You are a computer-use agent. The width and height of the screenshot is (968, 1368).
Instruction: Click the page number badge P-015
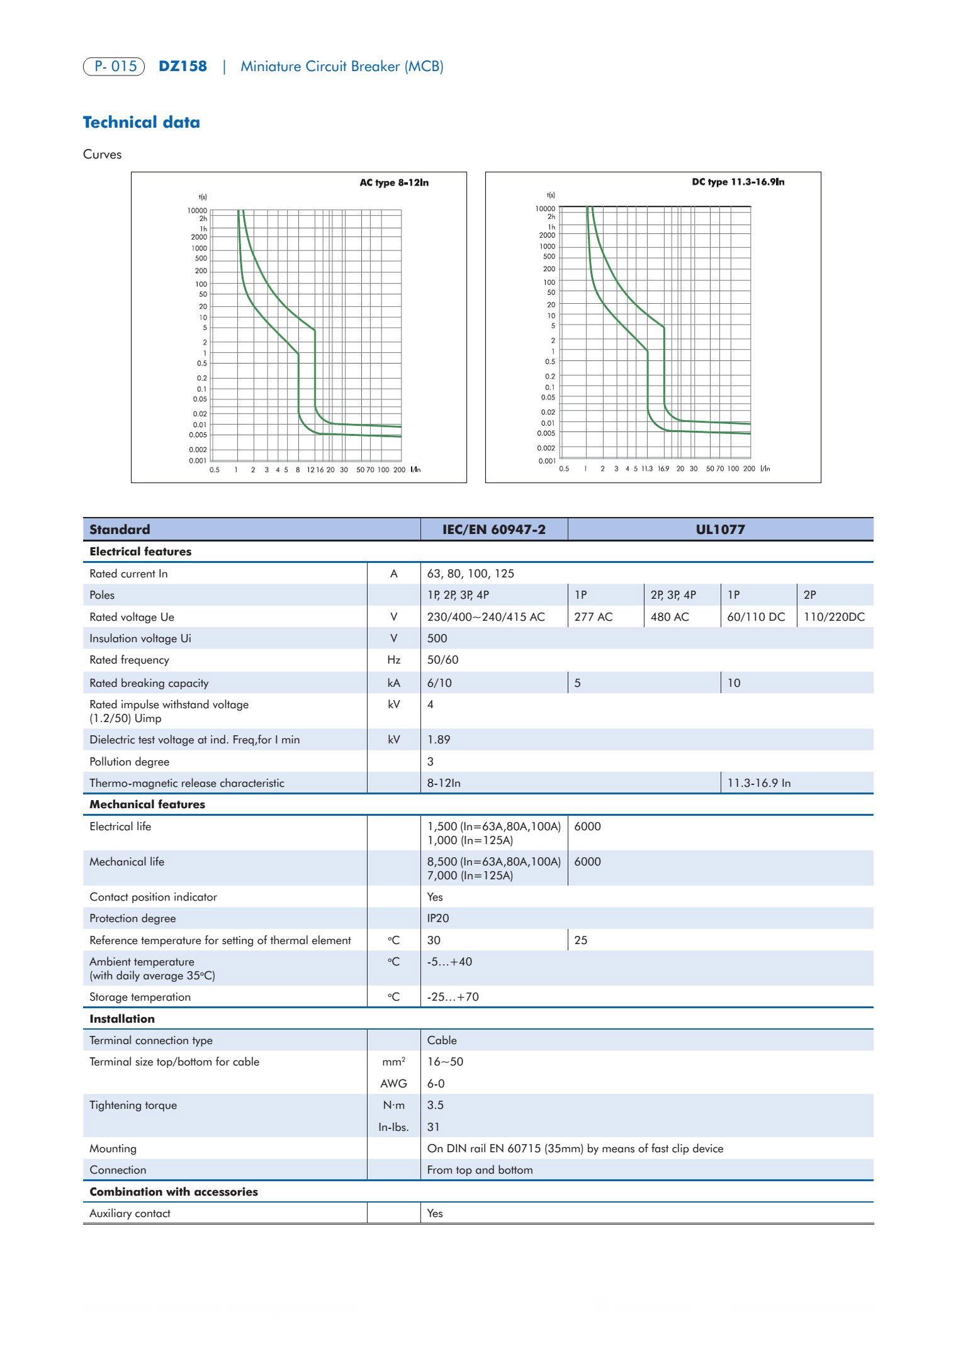(114, 66)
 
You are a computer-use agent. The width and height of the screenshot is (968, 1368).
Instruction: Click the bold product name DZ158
(183, 66)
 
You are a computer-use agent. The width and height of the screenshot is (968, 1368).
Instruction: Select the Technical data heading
(142, 123)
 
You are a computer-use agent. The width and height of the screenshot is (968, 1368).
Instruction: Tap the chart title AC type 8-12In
(394, 182)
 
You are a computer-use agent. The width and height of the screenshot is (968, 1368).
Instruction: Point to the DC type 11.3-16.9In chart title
(738, 182)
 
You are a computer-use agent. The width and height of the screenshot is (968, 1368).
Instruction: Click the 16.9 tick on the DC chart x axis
(663, 469)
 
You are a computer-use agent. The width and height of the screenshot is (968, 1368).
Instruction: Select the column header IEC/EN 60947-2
(493, 530)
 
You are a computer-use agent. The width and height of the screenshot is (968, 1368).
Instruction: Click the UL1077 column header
(720, 530)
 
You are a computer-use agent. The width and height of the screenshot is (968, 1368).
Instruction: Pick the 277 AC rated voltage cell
(593, 617)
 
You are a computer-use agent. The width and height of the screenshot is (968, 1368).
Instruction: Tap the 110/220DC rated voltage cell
(834, 617)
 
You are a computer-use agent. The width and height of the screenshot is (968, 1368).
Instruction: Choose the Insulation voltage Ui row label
(140, 638)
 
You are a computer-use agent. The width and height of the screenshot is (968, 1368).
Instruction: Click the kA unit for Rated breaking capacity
(394, 683)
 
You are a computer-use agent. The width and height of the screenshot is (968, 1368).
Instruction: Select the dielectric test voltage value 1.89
(439, 740)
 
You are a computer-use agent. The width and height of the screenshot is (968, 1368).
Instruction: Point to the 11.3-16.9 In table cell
(759, 783)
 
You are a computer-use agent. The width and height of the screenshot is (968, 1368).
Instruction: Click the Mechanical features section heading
(147, 804)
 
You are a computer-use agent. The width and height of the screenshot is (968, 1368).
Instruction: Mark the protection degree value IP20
(438, 918)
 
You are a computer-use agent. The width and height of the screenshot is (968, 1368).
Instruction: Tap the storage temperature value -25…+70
(453, 997)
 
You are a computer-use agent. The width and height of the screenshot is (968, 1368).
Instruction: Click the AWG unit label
(394, 1084)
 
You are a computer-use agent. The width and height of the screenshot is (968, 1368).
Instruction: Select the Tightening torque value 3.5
(436, 1105)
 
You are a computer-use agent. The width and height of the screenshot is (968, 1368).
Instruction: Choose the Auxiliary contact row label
(130, 1213)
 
